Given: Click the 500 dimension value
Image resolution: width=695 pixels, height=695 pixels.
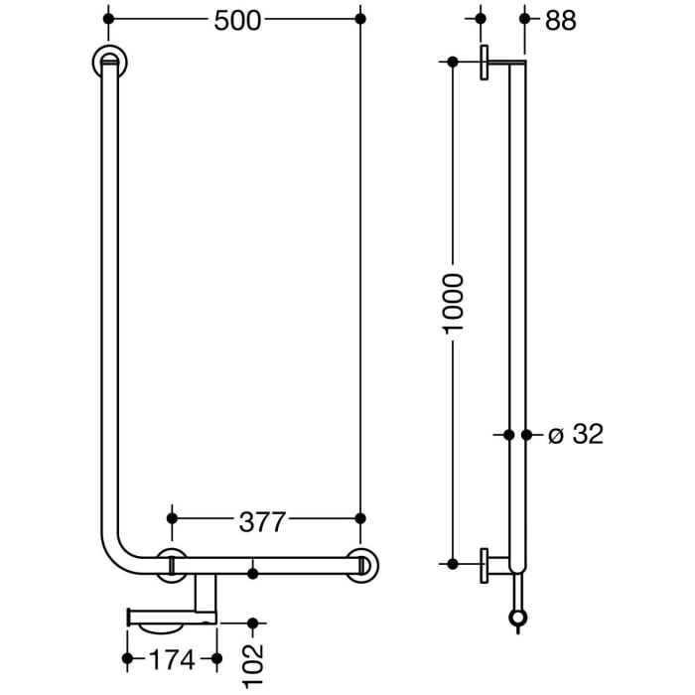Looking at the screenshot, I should [237, 20].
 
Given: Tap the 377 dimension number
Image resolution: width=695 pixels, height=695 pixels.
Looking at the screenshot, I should [263, 519].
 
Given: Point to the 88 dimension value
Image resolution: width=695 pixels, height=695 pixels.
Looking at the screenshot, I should [561, 20].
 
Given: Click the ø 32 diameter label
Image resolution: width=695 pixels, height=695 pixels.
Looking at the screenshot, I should [576, 435].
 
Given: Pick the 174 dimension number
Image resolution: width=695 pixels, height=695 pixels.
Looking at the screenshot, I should [172, 658].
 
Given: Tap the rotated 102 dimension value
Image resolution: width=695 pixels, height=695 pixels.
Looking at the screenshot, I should [253, 663].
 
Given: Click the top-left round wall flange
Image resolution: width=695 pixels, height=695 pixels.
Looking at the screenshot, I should [108, 62].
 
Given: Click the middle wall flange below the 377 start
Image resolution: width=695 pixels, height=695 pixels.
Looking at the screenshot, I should [172, 564].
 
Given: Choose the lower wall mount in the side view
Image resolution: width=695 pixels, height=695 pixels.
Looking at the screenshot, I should [486, 564].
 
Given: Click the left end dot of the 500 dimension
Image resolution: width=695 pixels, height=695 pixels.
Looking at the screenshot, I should [108, 19].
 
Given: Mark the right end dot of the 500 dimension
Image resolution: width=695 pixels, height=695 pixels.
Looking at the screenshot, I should [360, 19].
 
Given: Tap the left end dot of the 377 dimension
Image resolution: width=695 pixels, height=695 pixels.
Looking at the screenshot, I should [172, 518].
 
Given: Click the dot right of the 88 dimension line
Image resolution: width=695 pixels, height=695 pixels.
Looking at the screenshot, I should [523, 19].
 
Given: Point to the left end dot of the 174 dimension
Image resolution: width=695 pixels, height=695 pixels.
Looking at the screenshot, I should [127, 658].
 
